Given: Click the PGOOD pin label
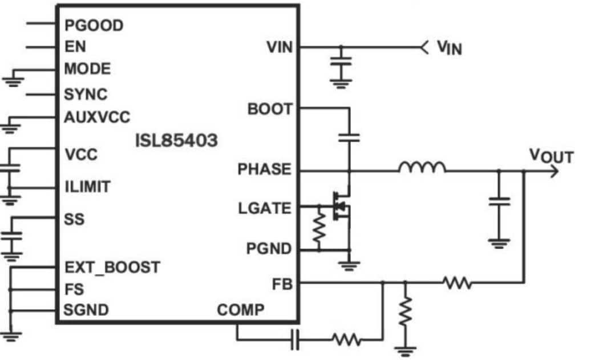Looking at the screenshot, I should [94, 26].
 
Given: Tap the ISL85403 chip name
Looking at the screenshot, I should [176, 140].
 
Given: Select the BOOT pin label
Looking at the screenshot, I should [270, 108].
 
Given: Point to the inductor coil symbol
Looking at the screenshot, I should [422, 167].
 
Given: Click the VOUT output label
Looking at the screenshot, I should [551, 155].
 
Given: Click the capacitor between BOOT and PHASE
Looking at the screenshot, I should [349, 137].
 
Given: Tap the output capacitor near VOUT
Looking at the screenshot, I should [499, 200].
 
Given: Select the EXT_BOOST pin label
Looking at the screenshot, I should [112, 267].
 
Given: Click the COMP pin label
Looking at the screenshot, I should [241, 310].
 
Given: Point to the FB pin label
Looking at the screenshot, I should [282, 283].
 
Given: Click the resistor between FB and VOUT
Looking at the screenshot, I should [456, 282].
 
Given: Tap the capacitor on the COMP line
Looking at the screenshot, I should [295, 340].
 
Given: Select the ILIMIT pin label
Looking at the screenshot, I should [87, 187].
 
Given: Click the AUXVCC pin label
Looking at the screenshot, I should [97, 118].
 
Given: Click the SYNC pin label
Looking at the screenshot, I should [86, 94].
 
